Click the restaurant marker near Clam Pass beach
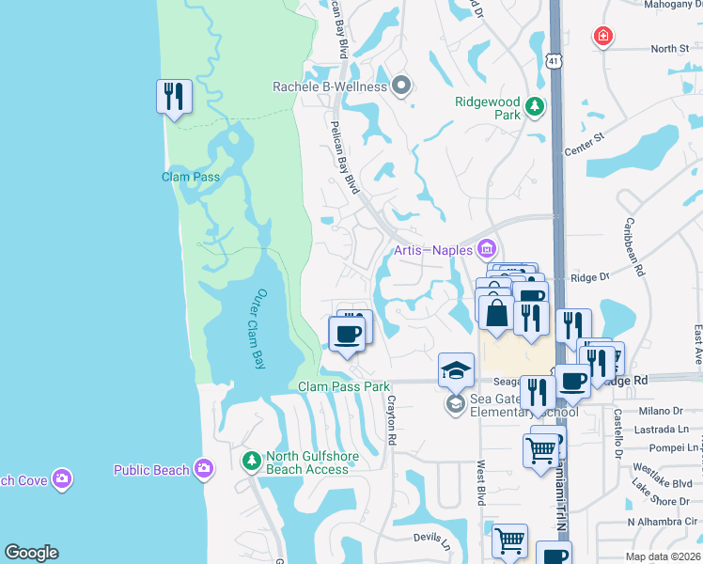174,97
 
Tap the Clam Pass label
191,177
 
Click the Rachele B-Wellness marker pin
401,86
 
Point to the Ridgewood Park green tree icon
535,107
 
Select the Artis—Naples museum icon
487,250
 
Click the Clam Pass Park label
343,386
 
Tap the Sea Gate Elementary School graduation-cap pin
456,369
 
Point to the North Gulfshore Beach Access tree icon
251,461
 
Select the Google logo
31,553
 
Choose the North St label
669,48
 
